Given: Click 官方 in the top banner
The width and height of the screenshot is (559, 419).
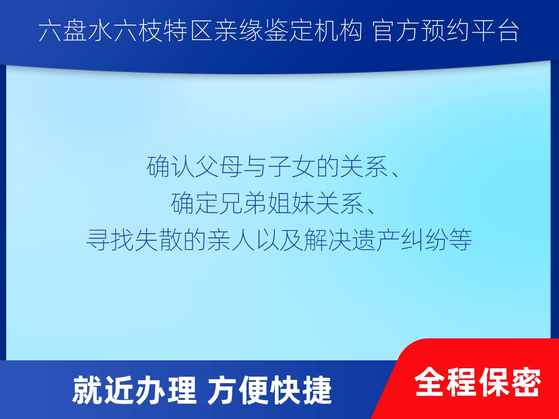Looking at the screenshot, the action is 396,31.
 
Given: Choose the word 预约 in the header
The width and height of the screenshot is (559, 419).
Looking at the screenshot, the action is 446,31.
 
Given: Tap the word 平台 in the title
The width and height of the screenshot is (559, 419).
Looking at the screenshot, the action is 495,31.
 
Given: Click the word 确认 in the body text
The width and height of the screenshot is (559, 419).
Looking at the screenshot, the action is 170,167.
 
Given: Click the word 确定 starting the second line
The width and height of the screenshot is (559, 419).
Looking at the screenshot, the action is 195,203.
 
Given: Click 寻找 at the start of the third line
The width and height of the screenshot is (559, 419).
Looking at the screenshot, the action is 110,240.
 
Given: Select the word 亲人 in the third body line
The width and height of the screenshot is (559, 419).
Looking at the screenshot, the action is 231,240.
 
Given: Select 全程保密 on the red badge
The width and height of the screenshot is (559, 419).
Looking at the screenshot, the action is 478,382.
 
